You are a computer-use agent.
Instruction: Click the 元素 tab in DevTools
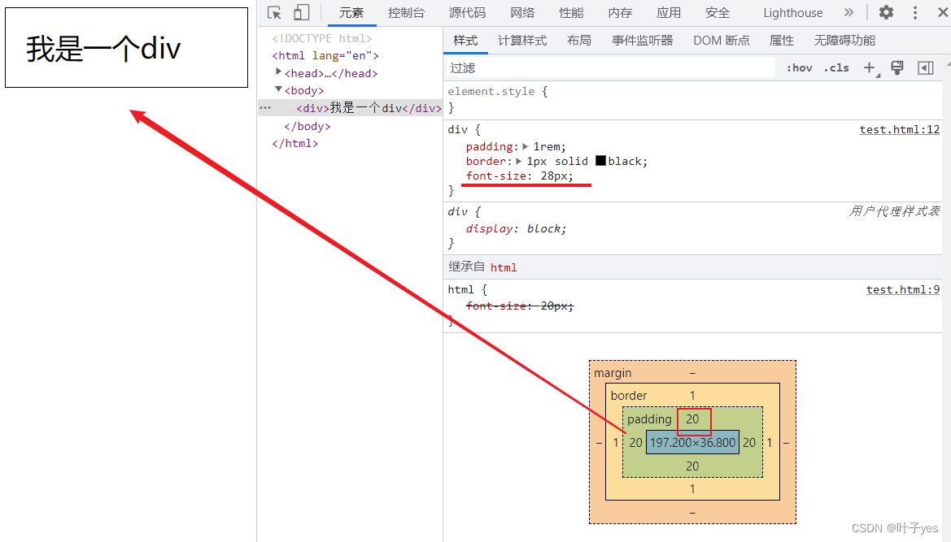[x=351, y=13]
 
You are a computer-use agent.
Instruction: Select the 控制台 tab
[x=406, y=13]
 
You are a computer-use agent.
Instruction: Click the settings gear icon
[x=886, y=13]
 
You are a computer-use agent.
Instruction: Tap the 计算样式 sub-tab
[x=522, y=41]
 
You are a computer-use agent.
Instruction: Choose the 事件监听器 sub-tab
[x=643, y=41]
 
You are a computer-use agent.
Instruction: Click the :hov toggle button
[x=799, y=68]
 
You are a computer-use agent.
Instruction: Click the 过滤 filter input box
[x=610, y=68]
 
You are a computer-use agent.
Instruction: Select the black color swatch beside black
[x=600, y=161]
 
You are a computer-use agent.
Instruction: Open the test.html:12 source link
[x=899, y=130]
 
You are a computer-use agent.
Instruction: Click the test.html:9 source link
[x=902, y=289]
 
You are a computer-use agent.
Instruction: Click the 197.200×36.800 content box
[x=692, y=443]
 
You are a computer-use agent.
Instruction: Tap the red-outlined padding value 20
[x=692, y=420]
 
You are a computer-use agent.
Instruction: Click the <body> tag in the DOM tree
[x=304, y=91]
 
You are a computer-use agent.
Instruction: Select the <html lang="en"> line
[x=325, y=56]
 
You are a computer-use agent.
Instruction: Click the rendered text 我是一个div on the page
[x=103, y=49]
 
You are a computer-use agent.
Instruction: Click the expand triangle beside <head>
[x=278, y=72]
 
